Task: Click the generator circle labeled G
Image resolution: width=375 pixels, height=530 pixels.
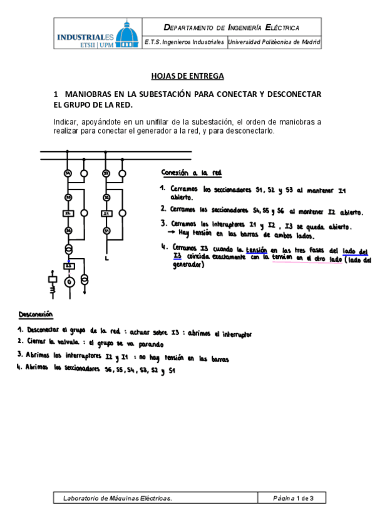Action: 69,281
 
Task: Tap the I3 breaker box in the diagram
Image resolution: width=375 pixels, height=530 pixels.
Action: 69,266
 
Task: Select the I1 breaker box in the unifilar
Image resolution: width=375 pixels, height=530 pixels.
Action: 106,214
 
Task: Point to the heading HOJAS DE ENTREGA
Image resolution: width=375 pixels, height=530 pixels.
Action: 187,76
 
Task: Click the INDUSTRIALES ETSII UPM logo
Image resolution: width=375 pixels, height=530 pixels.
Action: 96,33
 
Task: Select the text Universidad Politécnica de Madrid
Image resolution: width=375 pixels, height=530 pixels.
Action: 274,42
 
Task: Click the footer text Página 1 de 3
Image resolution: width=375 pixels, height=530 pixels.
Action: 292,498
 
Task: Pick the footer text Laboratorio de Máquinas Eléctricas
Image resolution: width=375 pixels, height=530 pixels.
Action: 117,498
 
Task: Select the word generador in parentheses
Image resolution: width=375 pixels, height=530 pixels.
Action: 187,265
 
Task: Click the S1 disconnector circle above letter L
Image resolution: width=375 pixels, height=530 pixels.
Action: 107,231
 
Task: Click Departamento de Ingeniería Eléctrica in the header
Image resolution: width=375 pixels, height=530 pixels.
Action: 232,27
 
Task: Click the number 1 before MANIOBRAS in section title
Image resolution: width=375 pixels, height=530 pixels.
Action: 56,94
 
